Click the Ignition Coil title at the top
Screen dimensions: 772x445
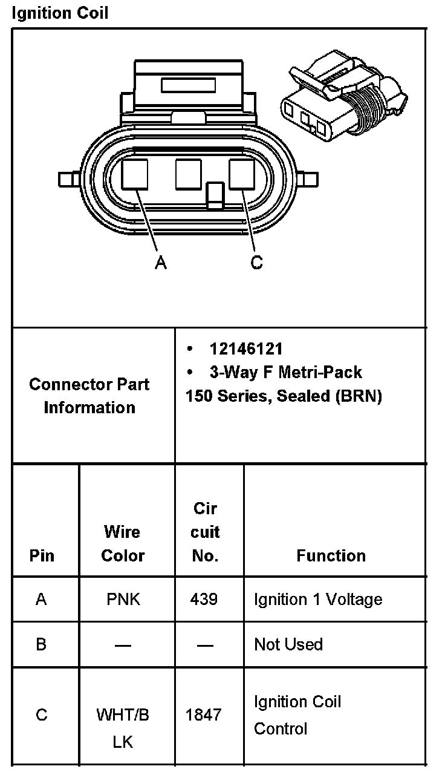[60, 13]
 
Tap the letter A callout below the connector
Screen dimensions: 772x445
[160, 263]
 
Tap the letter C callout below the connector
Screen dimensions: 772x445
[257, 263]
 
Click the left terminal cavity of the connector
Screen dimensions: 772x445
[135, 174]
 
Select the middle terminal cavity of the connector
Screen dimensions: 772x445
[188, 174]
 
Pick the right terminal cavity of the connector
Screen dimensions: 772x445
[242, 174]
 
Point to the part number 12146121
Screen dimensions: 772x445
[246, 349]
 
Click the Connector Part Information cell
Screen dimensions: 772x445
[89, 396]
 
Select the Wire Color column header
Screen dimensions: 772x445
[123, 543]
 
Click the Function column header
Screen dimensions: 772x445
[331, 555]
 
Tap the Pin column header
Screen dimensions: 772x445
[42, 555]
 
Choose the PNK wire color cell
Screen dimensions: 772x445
[123, 600]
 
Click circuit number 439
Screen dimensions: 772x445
[204, 600]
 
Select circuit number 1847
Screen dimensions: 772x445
[204, 715]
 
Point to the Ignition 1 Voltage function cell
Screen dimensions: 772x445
[318, 600]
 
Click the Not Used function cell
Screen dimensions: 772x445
[288, 644]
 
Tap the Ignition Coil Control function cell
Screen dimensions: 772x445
[297, 715]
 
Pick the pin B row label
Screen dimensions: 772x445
[41, 644]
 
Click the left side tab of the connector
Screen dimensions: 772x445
[67, 179]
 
